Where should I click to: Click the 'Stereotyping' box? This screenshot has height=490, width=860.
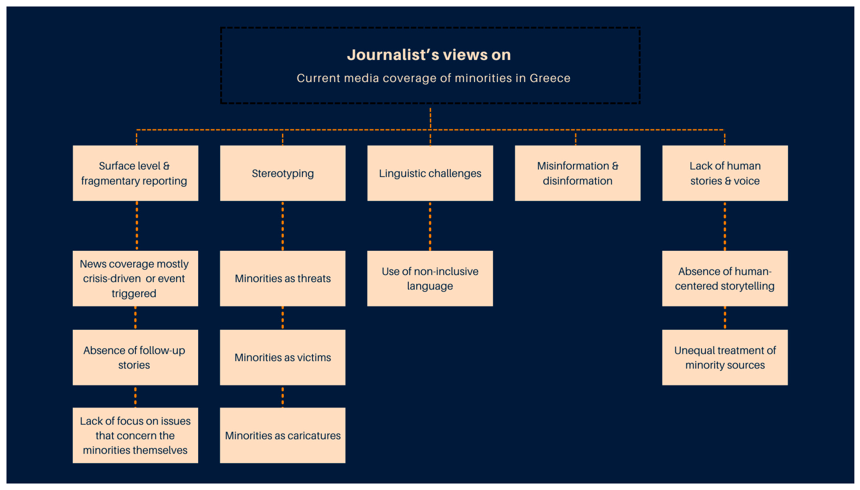pos(282,173)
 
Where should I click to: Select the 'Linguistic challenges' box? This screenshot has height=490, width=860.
pos(430,173)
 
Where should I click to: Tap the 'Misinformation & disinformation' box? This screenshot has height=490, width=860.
pos(577,173)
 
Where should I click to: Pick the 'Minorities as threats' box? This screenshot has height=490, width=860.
pos(282,278)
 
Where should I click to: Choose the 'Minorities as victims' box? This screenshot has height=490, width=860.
pos(282,357)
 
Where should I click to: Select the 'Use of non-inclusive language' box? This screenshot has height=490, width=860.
pos(430,278)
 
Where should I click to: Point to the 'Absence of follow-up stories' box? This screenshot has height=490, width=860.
pos(135,357)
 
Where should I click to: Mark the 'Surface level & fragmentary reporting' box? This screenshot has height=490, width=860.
pos(135,173)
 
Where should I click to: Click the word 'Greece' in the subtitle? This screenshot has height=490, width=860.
pos(550,78)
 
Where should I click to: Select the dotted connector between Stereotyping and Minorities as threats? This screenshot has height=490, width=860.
pos(282,226)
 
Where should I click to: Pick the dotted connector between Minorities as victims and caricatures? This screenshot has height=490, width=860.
pos(282,396)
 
